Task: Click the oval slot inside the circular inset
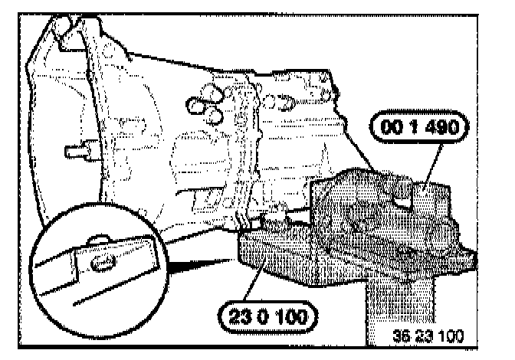(x=101, y=261)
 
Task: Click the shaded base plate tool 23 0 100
(x=284, y=260)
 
